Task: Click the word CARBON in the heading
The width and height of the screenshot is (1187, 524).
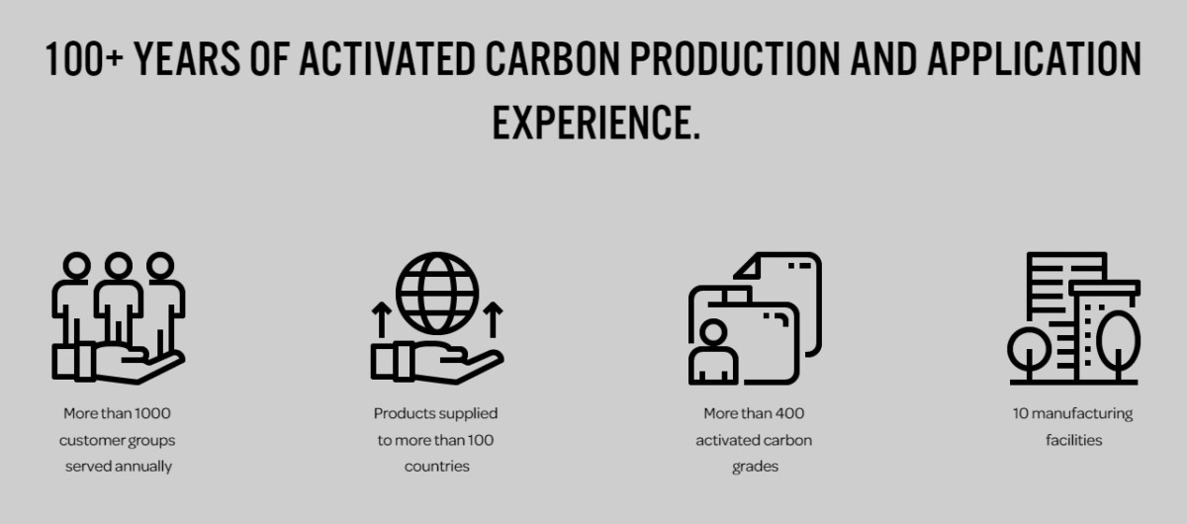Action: pyautogui.click(x=552, y=58)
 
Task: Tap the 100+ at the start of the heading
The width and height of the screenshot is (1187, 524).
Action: pyautogui.click(x=85, y=58)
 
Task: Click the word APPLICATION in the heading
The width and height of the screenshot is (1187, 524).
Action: pyautogui.click(x=1034, y=58)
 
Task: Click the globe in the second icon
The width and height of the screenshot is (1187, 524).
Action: pyautogui.click(x=437, y=293)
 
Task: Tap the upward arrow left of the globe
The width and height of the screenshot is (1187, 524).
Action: pyautogui.click(x=381, y=319)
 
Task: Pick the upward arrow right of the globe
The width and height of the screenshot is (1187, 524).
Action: pyautogui.click(x=493, y=319)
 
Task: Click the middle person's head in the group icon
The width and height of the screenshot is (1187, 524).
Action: pyautogui.click(x=118, y=265)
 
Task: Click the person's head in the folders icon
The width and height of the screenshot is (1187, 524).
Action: pyautogui.click(x=713, y=332)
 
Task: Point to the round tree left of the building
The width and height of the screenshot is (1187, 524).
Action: pyautogui.click(x=1029, y=349)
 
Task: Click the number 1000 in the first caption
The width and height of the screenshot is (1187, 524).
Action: pyautogui.click(x=152, y=413)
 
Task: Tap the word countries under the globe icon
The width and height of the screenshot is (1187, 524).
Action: pyautogui.click(x=436, y=467)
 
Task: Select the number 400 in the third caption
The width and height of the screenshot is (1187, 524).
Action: pyautogui.click(x=789, y=413)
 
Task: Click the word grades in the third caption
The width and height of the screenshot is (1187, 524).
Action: pyautogui.click(x=755, y=468)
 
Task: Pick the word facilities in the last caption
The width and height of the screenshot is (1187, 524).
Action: pyautogui.click(x=1073, y=440)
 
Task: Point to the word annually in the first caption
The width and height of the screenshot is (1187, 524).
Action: pyautogui.click(x=144, y=468)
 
